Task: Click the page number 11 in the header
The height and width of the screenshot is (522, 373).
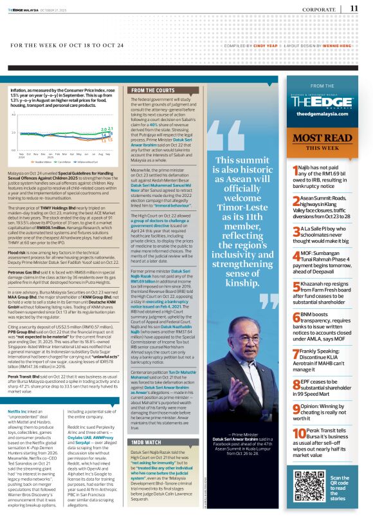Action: [354, 8]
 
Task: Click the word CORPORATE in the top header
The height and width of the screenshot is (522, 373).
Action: [320, 9]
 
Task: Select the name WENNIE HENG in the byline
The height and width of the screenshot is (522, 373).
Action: [334, 46]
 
